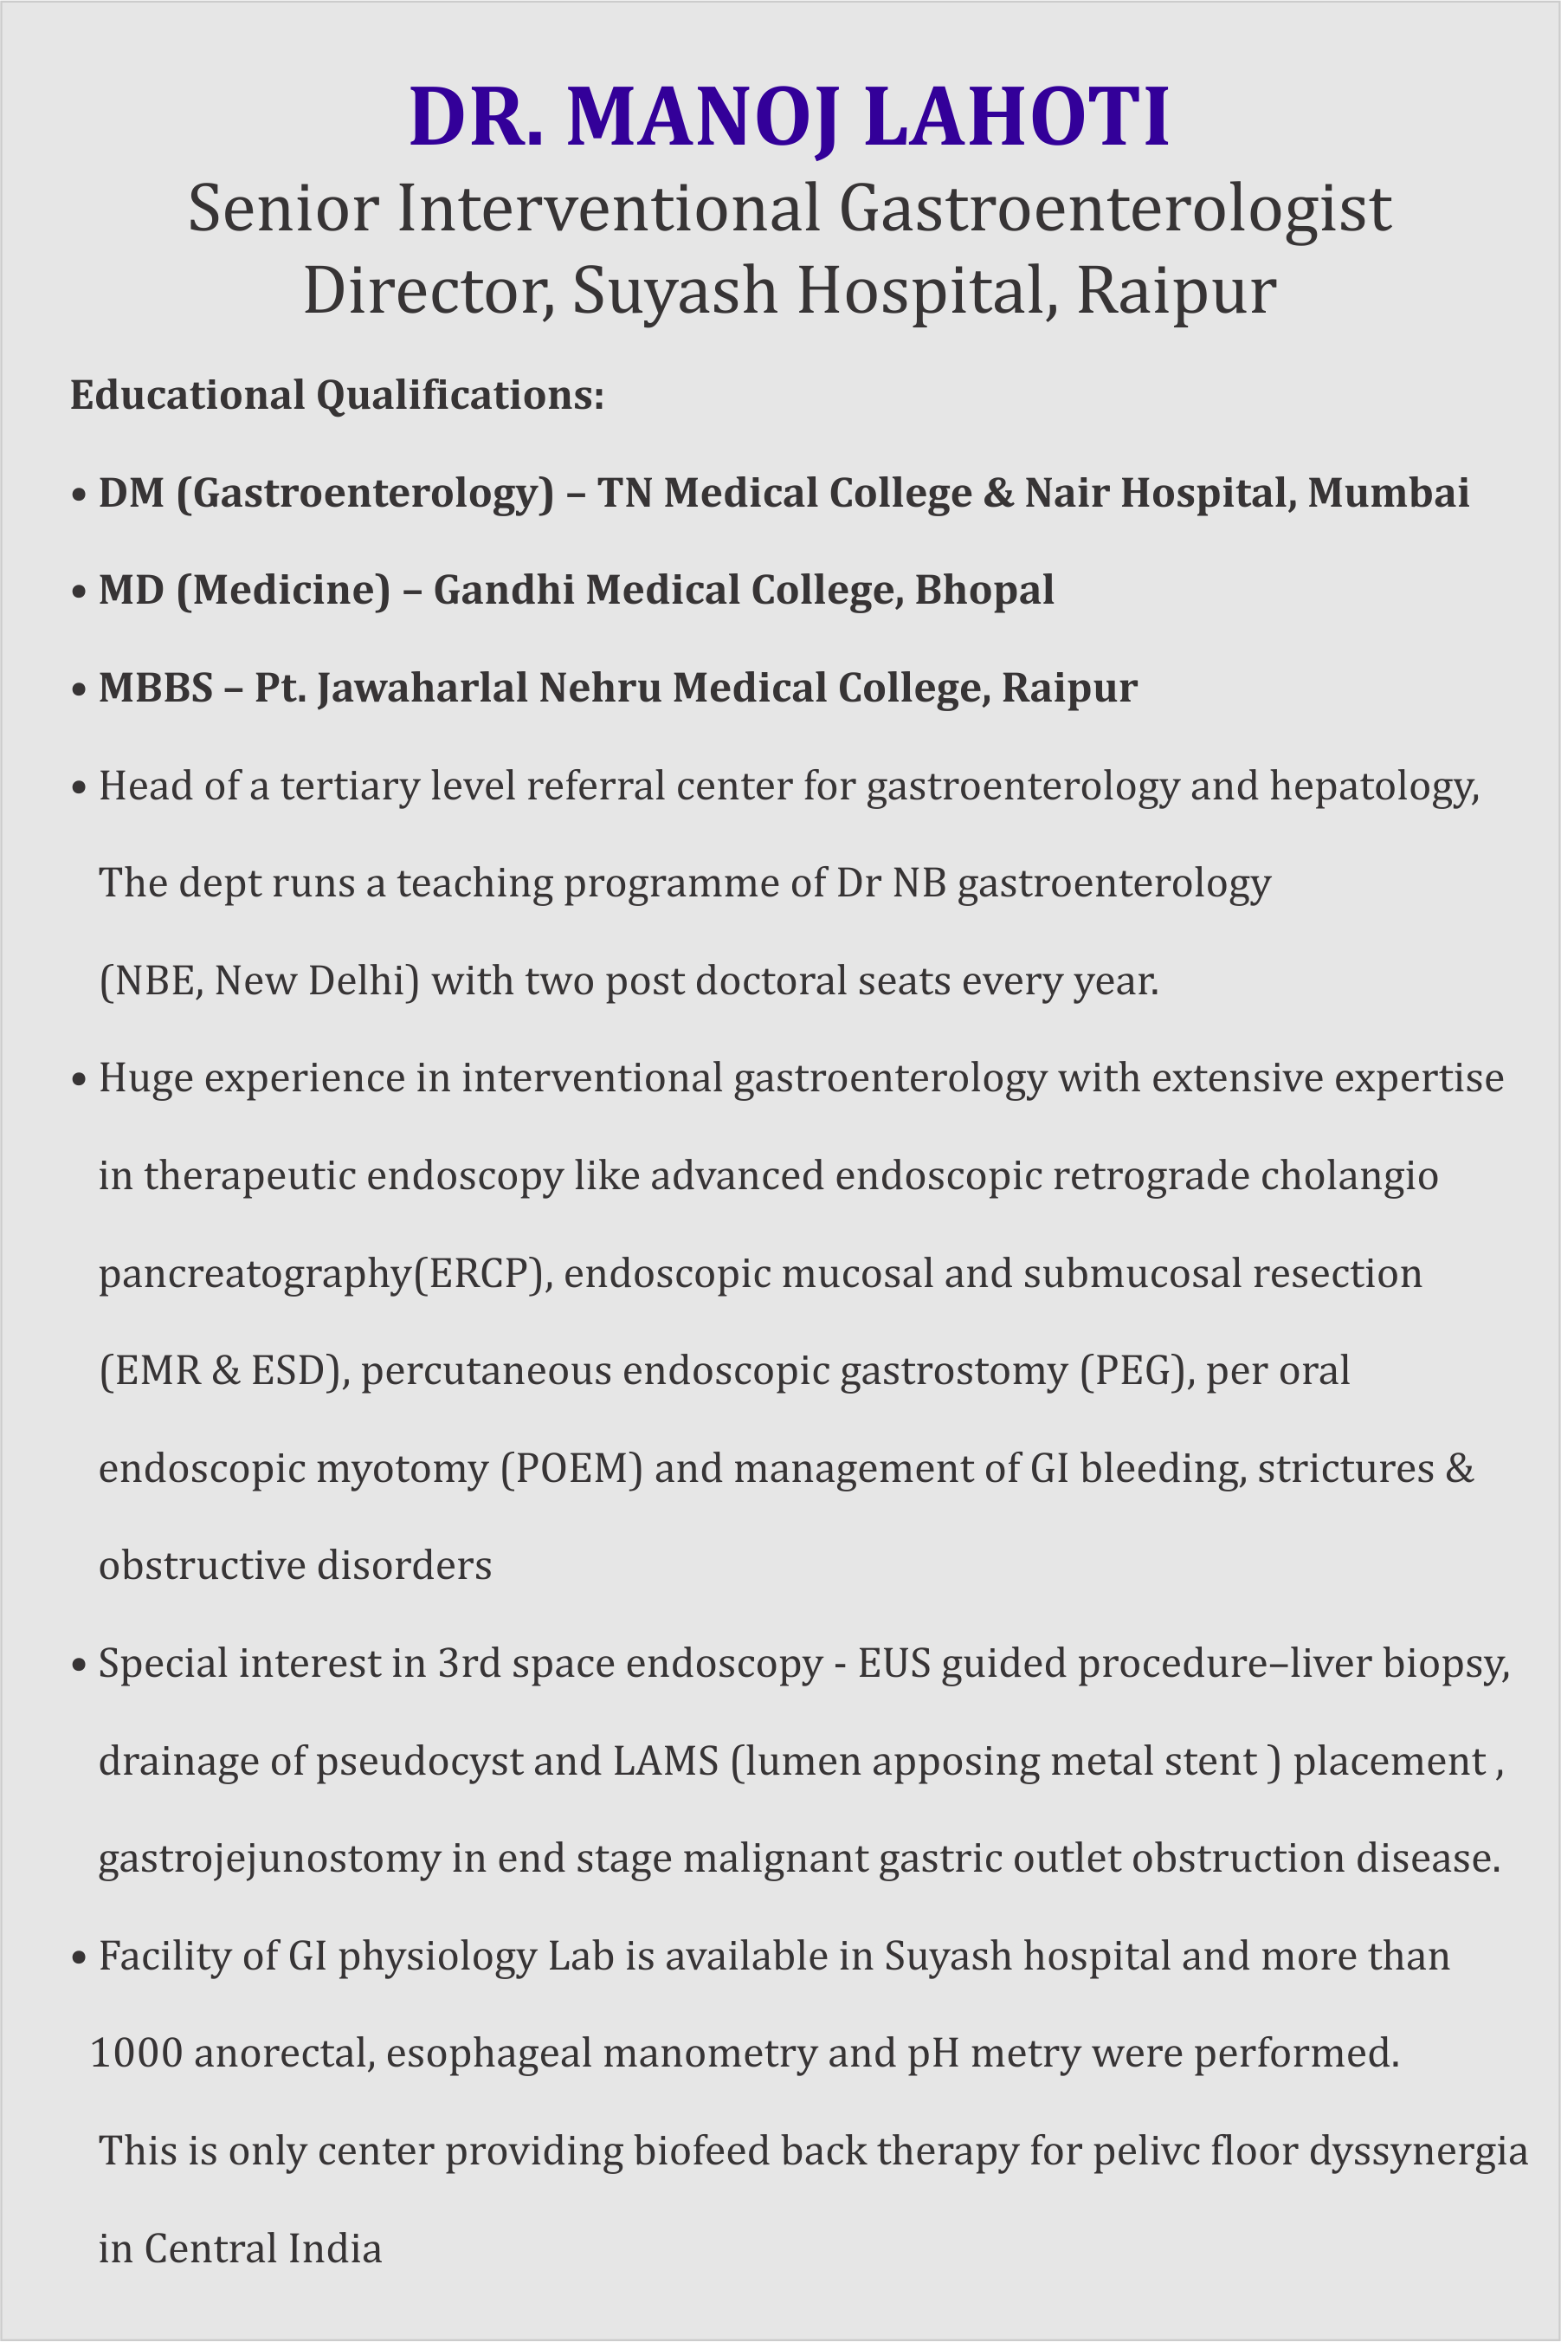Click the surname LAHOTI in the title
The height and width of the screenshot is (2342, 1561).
pos(1016,118)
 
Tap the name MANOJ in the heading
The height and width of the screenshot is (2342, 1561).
pos(702,118)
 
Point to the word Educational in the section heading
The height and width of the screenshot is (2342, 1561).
pos(187,395)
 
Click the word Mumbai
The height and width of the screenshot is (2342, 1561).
pos(1388,493)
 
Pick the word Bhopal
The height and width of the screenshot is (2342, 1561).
pos(984,590)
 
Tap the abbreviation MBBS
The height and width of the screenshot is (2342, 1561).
pos(155,687)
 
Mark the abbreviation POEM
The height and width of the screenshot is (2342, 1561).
pos(571,1469)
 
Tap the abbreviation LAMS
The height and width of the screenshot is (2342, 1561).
pos(665,1762)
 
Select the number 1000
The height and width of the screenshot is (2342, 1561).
pos(137,2054)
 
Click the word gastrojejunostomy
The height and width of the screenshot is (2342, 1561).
pos(268,1859)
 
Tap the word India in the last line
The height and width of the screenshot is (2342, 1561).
pos(333,2248)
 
